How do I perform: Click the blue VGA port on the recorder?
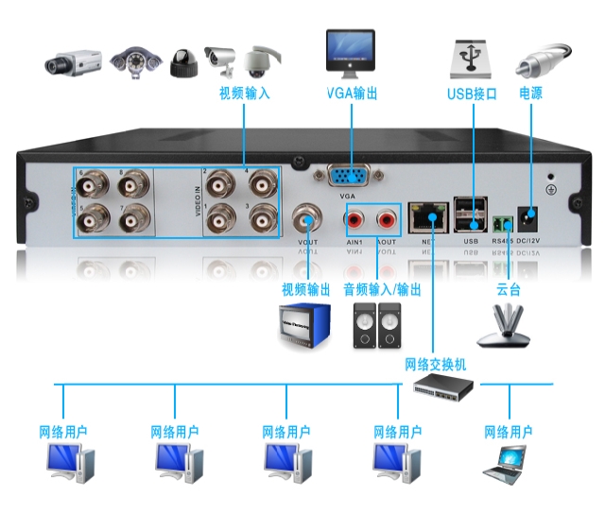[x=351, y=176]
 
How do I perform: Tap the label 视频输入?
[x=244, y=94]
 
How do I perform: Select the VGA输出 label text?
[x=352, y=94]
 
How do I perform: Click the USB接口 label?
[x=472, y=94]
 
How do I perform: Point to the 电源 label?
[x=530, y=94]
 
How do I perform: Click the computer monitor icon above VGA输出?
[x=351, y=53]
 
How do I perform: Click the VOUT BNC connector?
[x=308, y=219]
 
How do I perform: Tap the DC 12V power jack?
[x=530, y=221]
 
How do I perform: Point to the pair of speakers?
[x=376, y=326]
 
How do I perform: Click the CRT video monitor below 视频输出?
[x=304, y=326]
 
